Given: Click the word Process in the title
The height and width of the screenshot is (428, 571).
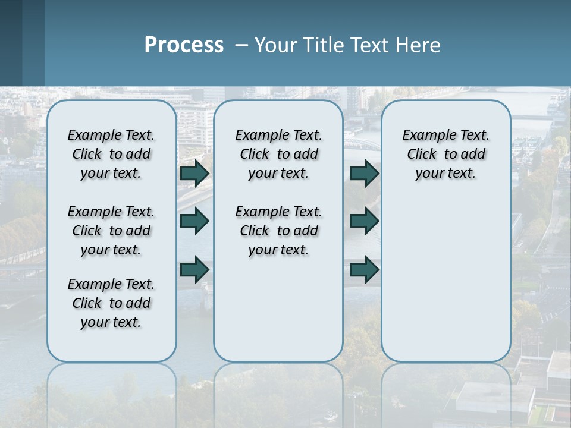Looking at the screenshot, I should [x=184, y=45].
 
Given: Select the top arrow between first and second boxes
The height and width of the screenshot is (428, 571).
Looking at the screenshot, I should [x=194, y=174].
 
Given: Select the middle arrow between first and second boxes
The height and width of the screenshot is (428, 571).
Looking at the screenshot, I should [x=194, y=221].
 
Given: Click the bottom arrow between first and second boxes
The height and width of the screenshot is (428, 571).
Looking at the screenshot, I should [x=194, y=269].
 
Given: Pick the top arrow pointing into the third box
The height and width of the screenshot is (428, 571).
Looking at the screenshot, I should [x=364, y=174].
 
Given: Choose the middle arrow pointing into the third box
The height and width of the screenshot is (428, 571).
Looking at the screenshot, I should [x=364, y=221].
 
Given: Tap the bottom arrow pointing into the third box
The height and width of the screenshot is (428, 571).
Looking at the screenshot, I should [x=364, y=269].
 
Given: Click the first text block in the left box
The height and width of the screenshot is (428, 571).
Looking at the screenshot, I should [x=111, y=154].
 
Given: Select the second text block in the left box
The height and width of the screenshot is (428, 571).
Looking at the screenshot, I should [x=111, y=231].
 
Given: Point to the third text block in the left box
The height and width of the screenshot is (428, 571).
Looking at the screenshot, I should [x=111, y=303].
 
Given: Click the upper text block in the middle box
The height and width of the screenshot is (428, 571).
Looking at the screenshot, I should [x=278, y=154].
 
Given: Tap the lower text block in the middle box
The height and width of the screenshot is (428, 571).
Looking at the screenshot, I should [x=278, y=231].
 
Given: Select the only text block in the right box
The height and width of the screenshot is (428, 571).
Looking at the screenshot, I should [x=445, y=154].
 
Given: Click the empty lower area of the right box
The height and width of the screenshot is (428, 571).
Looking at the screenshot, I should [x=445, y=279].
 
